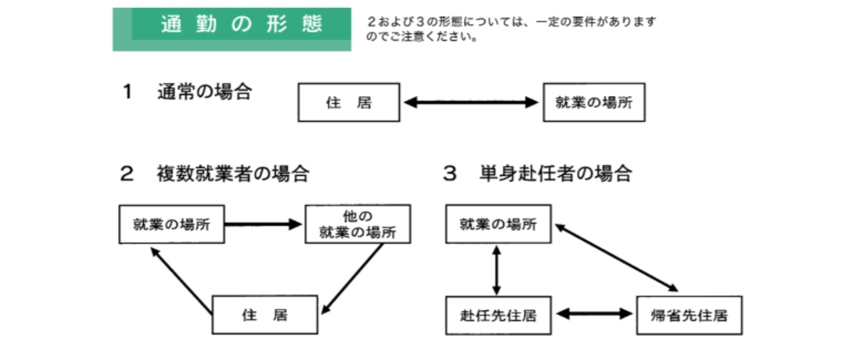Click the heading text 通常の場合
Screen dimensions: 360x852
205,92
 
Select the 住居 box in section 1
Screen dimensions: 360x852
349,103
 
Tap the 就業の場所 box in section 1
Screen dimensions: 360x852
594,103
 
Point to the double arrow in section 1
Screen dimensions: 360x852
471,102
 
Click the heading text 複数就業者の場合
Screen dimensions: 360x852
232,174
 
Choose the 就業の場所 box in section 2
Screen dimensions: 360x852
172,225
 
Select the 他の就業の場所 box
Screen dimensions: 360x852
358,224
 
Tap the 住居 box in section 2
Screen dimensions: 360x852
265,315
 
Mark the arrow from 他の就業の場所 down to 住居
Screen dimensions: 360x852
353,278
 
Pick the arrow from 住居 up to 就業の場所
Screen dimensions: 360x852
181,281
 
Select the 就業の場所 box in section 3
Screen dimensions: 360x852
498,224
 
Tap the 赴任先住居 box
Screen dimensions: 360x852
498,315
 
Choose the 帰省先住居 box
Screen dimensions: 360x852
689,315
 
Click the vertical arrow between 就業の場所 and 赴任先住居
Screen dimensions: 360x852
496,269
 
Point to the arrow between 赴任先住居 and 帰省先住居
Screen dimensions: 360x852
594,314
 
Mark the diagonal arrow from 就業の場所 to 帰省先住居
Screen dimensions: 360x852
617,256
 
